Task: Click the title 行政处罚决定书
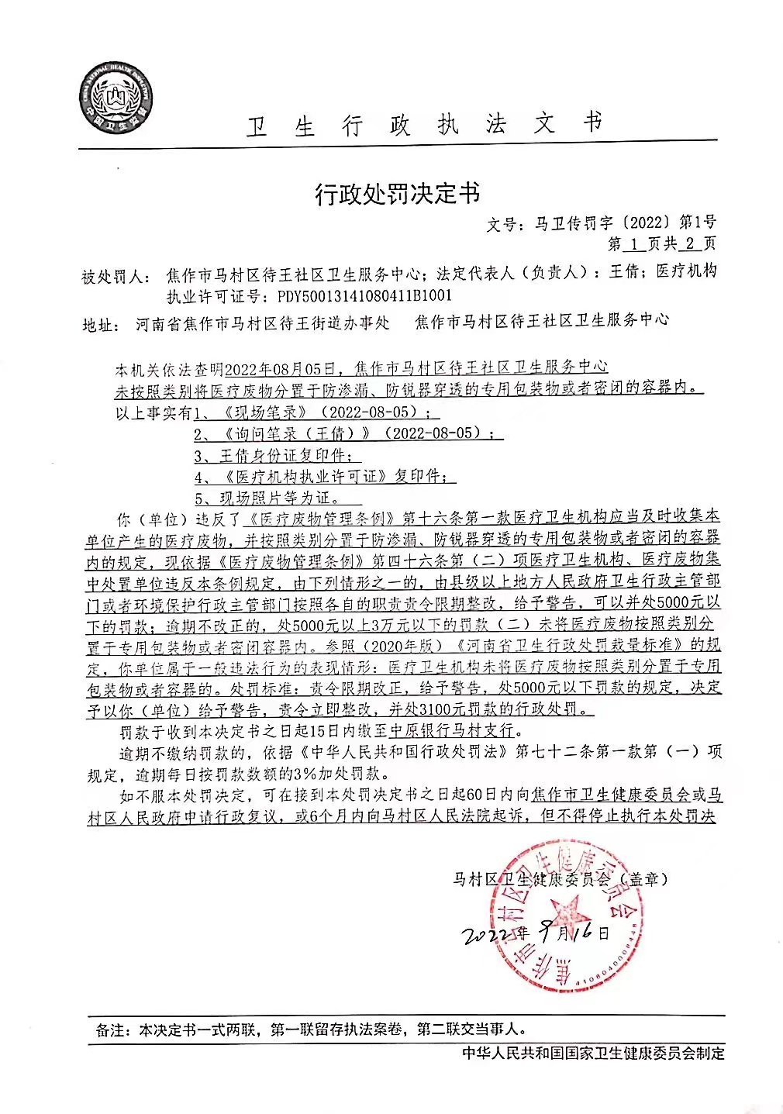pos(396,192)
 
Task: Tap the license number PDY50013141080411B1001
pos(364,296)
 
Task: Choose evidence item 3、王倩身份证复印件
pos(277,455)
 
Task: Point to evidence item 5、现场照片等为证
pos(267,497)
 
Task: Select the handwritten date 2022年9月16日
pos(535,934)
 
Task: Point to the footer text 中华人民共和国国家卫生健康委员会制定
pos(593,1053)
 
